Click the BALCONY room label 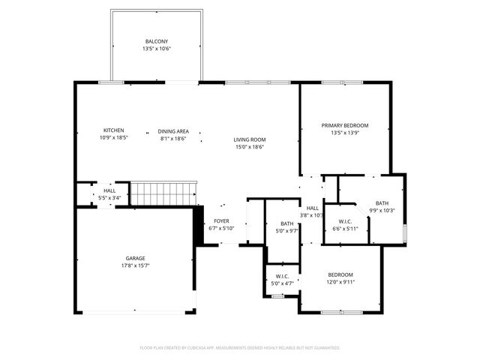tap(157, 41)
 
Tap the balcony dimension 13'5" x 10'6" tap(157, 49)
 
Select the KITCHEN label tap(114, 130)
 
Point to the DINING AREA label tap(172, 130)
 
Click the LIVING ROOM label tap(250, 139)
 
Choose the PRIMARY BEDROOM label tap(345, 125)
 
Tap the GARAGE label tap(135, 258)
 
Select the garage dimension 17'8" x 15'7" tap(135, 265)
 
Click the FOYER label tap(221, 221)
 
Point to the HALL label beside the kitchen tap(109, 191)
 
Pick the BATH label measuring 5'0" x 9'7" tap(287, 223)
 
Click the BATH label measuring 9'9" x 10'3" tap(382, 203)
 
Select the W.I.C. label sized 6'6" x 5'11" tap(345, 221)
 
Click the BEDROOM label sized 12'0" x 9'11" tap(340, 274)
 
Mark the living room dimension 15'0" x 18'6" tap(250, 147)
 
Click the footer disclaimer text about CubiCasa tap(240, 348)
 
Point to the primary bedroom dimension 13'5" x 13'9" tap(345, 133)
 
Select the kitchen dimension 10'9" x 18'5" tap(114, 138)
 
